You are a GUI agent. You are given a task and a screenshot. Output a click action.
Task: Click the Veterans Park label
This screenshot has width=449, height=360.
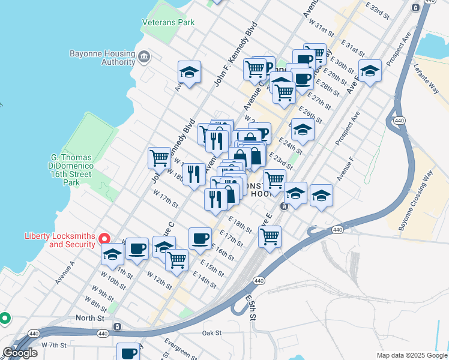tap(169, 22)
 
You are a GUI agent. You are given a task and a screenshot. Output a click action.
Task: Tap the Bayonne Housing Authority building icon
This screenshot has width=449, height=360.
tap(144, 58)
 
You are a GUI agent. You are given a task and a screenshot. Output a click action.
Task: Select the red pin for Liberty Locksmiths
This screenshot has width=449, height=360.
tap(104, 239)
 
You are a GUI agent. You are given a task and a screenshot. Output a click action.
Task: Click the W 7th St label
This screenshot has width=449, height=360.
tap(53, 345)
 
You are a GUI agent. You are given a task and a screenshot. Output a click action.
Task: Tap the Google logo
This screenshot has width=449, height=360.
tap(20, 353)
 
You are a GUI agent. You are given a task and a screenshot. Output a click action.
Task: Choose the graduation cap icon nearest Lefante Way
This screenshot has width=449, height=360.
tap(370, 71)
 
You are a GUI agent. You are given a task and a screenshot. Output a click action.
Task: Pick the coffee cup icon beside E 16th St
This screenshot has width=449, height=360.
tap(200, 238)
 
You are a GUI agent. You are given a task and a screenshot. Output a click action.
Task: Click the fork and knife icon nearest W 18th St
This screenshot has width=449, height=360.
tap(193, 174)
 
